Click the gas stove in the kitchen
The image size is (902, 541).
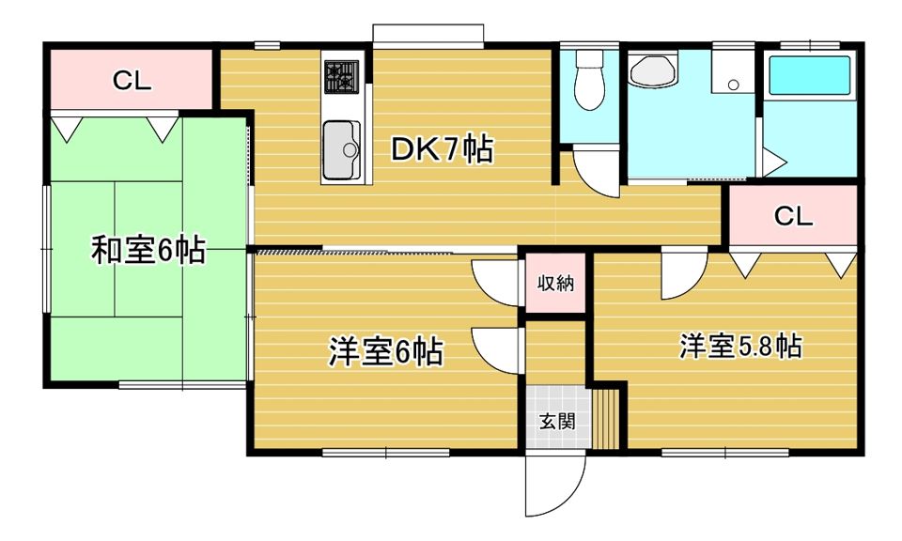pos(341,76)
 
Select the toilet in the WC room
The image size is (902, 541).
pos(590,80)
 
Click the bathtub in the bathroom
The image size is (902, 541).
pos(809,75)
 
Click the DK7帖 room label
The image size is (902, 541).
pos(442,149)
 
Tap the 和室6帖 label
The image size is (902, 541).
pos(148,250)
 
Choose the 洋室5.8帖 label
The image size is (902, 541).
pos(741,346)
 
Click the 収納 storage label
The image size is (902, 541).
pos(555,283)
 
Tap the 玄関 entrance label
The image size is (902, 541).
pos(557,422)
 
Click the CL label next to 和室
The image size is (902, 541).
pos(132,81)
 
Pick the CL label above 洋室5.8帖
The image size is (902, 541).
pos(793,216)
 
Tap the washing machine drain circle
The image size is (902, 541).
pos(733,85)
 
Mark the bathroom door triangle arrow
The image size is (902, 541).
pos(774,162)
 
